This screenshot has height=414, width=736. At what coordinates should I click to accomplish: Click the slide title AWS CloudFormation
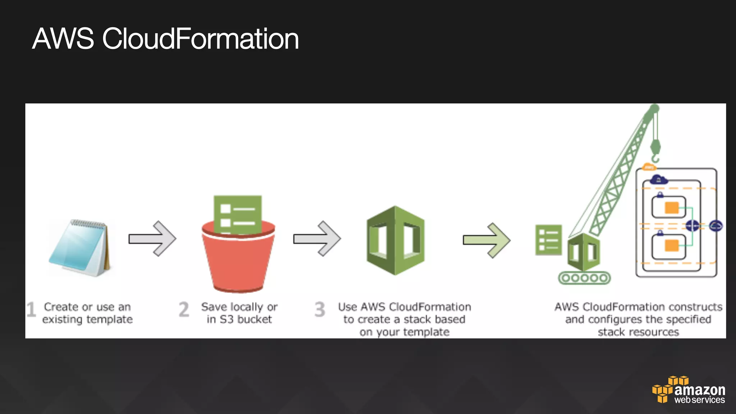(165, 39)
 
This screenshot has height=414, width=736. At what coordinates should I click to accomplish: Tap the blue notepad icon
(80, 248)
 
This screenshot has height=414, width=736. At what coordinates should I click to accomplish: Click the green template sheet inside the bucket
(238, 214)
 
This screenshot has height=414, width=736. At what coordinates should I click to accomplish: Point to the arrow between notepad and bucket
(152, 239)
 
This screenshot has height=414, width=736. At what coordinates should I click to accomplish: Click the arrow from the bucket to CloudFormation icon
(317, 239)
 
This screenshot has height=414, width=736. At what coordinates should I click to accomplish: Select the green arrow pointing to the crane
(487, 240)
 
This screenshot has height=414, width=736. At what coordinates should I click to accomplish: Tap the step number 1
(31, 310)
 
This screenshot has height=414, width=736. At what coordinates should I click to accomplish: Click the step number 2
(184, 310)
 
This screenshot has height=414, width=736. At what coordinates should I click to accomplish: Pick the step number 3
(320, 310)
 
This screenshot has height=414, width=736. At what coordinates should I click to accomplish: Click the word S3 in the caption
(226, 319)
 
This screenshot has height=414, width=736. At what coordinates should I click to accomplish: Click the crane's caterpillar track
(584, 278)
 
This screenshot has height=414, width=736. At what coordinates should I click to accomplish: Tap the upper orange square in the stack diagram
(671, 208)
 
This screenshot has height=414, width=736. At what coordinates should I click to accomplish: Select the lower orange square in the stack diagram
(671, 245)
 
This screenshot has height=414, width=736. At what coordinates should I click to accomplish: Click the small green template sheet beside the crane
(548, 240)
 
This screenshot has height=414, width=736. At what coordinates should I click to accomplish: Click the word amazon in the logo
(700, 390)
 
